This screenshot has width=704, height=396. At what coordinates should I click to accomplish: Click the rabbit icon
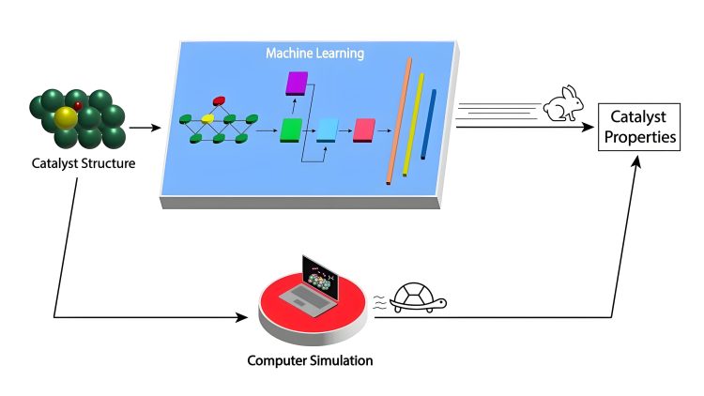(564, 103)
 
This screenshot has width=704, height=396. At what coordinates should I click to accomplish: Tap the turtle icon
(418, 297)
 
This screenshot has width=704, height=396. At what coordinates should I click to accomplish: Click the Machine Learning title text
(314, 54)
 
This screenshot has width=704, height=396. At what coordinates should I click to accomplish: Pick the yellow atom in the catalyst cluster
(65, 117)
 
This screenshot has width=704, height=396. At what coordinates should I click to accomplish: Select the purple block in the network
(297, 84)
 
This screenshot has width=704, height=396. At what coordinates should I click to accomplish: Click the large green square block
(292, 129)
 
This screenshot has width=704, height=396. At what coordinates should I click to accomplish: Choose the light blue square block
(328, 129)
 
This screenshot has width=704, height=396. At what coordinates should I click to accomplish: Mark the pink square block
(364, 129)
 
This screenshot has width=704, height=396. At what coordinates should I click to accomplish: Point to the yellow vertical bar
(414, 124)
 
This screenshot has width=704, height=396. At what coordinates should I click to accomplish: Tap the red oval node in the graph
(220, 99)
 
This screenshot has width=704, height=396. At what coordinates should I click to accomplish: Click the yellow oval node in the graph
(208, 119)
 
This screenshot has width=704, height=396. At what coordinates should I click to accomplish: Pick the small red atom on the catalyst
(79, 105)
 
